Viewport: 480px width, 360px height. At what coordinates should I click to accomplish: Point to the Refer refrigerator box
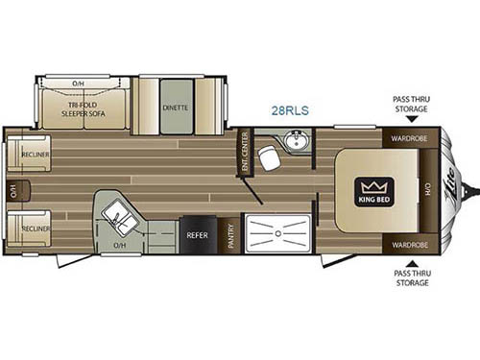click(x=197, y=233)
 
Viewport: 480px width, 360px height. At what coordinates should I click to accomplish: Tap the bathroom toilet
click(x=270, y=158)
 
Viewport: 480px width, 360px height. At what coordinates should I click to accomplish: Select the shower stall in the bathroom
click(x=278, y=232)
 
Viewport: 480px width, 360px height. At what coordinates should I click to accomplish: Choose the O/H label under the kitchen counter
click(x=119, y=245)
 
